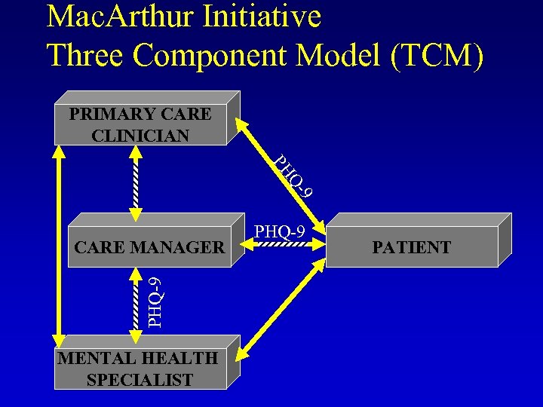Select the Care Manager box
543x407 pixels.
(x=149, y=246)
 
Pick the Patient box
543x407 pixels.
(x=411, y=246)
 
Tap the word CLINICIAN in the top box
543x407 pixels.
(x=140, y=136)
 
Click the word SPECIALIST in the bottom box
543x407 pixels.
(x=140, y=380)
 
